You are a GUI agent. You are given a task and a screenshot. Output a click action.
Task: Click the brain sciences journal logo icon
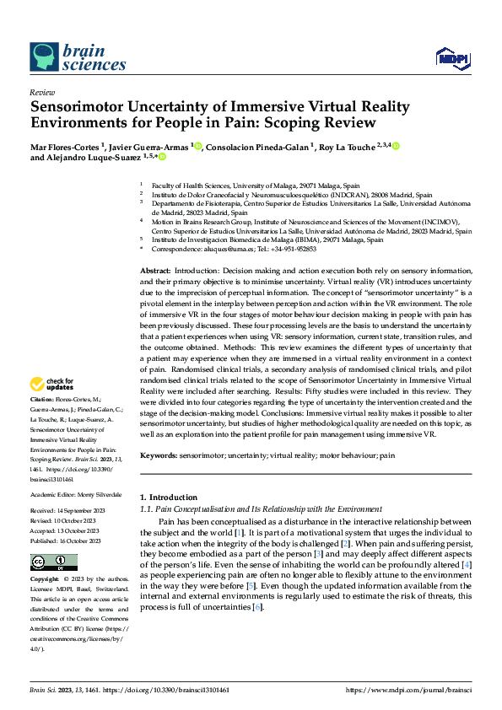point(45,56)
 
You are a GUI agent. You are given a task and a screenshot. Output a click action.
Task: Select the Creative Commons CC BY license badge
point(53,562)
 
